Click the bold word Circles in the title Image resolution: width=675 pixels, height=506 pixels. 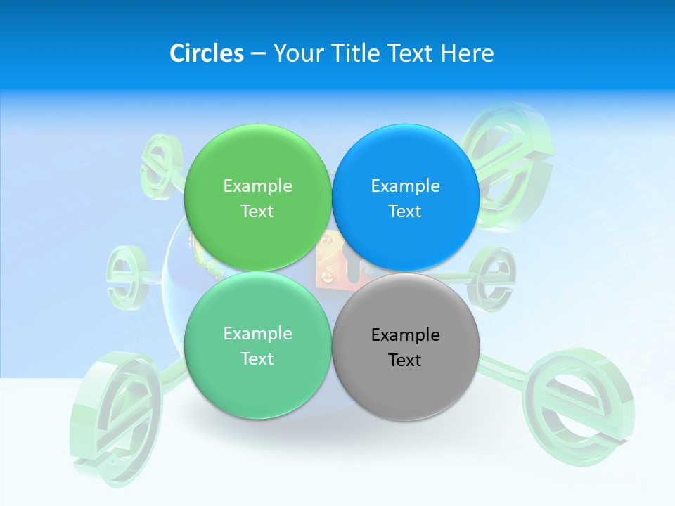(206, 53)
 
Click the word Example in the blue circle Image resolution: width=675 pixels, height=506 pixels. (405, 186)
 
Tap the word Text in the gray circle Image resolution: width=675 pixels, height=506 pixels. (405, 361)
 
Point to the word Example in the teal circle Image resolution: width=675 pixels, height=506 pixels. (257, 334)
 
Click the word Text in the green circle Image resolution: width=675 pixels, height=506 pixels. (257, 212)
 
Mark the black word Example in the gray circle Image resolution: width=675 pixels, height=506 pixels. (405, 335)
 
